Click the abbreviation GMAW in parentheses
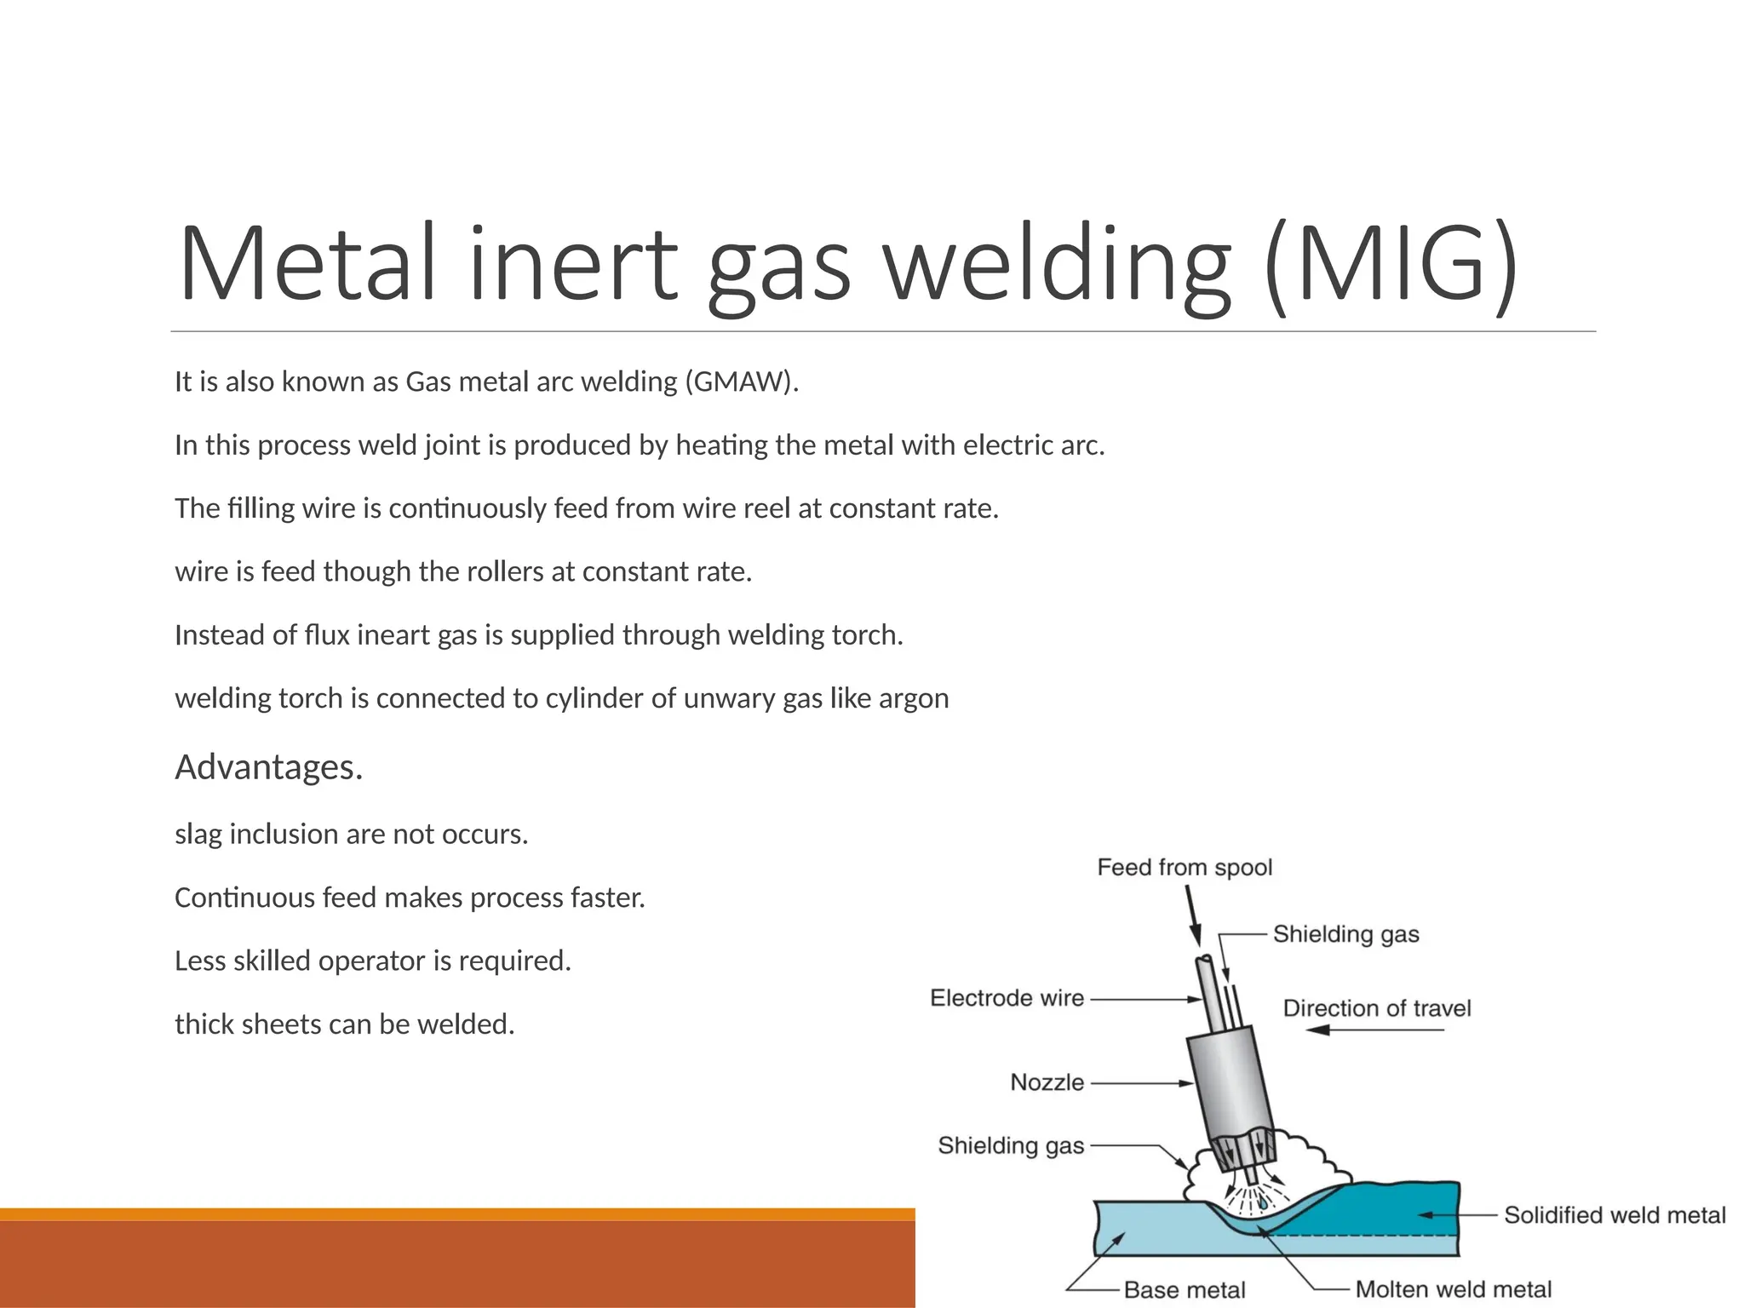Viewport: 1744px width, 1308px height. [740, 381]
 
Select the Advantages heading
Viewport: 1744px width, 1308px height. [269, 767]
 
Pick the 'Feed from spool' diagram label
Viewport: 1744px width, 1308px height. [1185, 868]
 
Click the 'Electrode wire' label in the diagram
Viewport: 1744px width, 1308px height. [1007, 998]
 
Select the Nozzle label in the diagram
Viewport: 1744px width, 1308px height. [1047, 1082]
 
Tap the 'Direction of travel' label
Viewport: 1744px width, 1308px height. [1377, 1008]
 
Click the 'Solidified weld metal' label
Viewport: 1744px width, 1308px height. [1615, 1215]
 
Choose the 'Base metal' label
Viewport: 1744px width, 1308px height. [1185, 1290]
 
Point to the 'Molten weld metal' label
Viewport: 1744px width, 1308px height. [1454, 1290]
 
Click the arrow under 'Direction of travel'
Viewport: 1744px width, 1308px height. [1375, 1030]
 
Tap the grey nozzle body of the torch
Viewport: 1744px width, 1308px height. [1231, 1081]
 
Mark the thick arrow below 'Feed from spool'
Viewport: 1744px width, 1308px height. [1193, 916]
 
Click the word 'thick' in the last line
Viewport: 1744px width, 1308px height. [205, 1024]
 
